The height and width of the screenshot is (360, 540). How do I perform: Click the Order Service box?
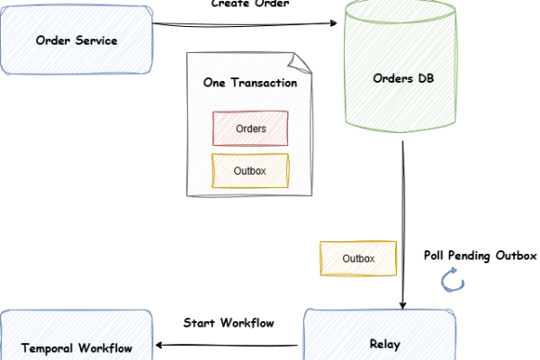tap(76, 40)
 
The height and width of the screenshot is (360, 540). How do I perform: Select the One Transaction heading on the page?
tap(251, 84)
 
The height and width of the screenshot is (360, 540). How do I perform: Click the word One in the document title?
tap(214, 84)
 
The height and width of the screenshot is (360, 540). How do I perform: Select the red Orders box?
tap(250, 128)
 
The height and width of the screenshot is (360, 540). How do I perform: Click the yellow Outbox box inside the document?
tap(250, 170)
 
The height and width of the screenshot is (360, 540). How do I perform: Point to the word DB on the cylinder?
tap(427, 78)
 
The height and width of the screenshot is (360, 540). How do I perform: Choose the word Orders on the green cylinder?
tap(391, 78)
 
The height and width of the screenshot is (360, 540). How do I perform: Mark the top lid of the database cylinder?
tap(403, 13)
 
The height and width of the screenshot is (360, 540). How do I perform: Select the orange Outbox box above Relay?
tap(358, 258)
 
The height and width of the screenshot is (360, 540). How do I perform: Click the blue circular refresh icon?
tap(454, 281)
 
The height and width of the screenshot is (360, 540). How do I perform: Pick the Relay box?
tap(380, 337)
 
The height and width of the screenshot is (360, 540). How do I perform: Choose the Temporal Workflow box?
tap(76, 338)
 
